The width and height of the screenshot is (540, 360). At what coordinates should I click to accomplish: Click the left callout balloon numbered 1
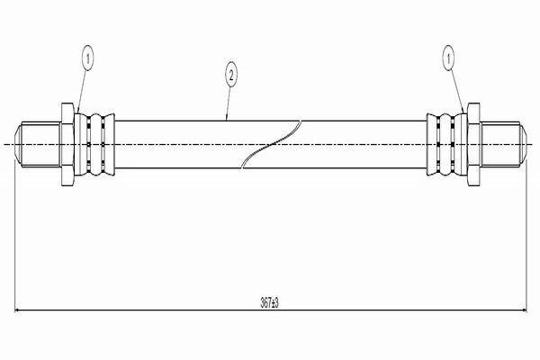(x=88, y=58)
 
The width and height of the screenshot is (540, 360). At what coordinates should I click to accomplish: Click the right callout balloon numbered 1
(x=448, y=58)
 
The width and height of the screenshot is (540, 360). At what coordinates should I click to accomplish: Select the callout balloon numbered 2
(x=231, y=75)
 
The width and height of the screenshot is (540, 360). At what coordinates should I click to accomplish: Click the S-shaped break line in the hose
(x=272, y=144)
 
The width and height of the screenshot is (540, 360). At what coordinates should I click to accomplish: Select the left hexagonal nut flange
(x=67, y=144)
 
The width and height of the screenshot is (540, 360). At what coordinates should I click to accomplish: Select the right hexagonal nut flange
(x=474, y=144)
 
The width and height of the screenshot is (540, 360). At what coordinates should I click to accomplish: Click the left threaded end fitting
(x=39, y=144)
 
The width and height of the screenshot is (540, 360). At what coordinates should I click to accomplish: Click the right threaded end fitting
(x=503, y=144)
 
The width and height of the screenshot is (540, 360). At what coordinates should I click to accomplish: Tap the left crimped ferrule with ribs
(x=94, y=144)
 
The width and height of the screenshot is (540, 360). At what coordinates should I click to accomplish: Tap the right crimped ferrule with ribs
(x=447, y=144)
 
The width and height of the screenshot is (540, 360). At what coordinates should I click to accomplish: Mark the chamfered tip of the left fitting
(x=18, y=144)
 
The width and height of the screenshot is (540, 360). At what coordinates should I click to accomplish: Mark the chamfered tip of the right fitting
(x=523, y=144)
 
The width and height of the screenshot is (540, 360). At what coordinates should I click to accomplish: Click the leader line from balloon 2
(x=229, y=104)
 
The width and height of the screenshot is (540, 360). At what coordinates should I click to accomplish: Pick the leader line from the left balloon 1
(x=82, y=92)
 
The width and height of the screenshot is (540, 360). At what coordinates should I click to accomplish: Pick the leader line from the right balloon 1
(x=456, y=92)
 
